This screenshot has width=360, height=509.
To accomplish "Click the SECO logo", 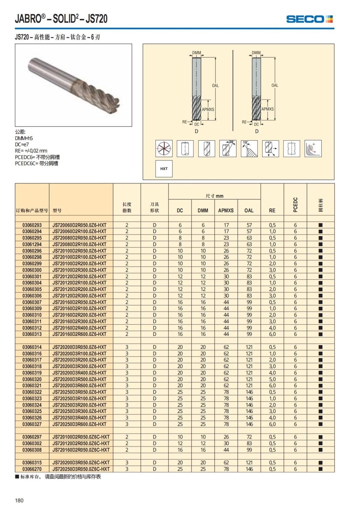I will pos(309,19).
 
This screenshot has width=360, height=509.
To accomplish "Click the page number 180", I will pos(19,500).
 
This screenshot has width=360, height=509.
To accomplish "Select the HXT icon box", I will pos(164,169).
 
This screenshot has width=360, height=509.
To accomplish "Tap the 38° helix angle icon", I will pos(228,148).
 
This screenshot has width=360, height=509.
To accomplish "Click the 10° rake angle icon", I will pos(249,148).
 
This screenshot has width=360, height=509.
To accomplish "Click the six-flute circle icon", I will pos(164,148).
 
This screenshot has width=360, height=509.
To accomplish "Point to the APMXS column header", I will pos(226,211).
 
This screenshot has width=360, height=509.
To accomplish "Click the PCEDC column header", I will pos(295,205).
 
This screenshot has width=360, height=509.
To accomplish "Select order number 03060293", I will pos(32,225).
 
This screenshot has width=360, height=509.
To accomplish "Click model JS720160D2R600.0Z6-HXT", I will pos(79,334).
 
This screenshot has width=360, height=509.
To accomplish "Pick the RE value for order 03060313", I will pos(272,334).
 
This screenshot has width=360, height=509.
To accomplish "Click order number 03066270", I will pos(32,469).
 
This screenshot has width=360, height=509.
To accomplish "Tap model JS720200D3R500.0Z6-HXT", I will pos(79,379).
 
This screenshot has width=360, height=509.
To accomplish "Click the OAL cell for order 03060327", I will pos(249,424).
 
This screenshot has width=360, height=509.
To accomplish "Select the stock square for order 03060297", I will pos(320,437).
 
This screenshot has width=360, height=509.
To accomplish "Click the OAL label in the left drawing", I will pos(215,85).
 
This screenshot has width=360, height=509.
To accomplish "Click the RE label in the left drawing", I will pos(184,122).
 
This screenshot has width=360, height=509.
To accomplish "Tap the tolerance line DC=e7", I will pos(22,145).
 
